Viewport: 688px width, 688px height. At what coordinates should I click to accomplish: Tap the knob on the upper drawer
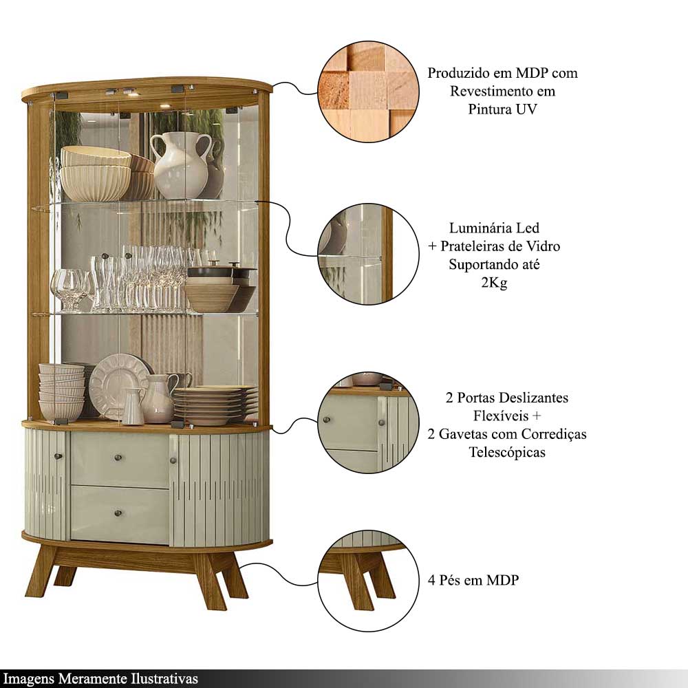pyautogui.click(x=118, y=458)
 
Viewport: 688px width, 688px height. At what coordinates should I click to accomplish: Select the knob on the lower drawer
pyautogui.click(x=118, y=513)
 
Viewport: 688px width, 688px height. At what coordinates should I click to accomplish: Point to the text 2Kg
pyautogui.click(x=494, y=283)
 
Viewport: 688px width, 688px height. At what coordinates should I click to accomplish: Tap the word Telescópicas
pyautogui.click(x=507, y=452)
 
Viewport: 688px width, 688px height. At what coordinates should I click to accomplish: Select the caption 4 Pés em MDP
pyautogui.click(x=473, y=580)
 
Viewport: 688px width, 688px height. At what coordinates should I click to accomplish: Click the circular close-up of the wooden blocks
pyautogui.click(x=368, y=92)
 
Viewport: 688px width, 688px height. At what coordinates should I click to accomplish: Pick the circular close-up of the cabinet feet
pyautogui.click(x=368, y=581)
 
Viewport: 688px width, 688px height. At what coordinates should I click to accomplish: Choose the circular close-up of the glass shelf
pyautogui.click(x=368, y=254)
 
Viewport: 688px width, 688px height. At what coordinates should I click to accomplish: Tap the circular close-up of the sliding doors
pyautogui.click(x=368, y=422)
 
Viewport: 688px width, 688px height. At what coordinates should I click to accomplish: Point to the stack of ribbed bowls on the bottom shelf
pyautogui.click(x=61, y=392)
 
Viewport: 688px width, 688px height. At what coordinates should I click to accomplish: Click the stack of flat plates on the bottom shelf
pyautogui.click(x=215, y=405)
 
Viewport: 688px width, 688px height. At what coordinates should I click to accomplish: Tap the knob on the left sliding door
pyautogui.click(x=57, y=456)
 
